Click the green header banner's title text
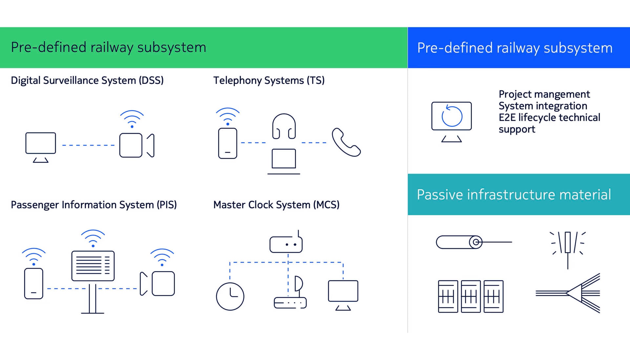pos(109,48)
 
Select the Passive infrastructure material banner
pos(514,194)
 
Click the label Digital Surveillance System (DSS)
pos(87,80)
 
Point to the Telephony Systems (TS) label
pos(269,80)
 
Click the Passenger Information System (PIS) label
pos(94,205)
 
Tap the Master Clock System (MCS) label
pos(276,205)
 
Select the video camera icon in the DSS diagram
pos(136,145)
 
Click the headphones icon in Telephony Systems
pos(284,126)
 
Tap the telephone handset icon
pos(346,142)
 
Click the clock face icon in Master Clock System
pos(230,296)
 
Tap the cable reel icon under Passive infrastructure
pos(459,242)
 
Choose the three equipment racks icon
pos(471,296)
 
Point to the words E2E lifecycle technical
pos(549,117)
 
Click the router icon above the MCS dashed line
pos(286,244)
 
